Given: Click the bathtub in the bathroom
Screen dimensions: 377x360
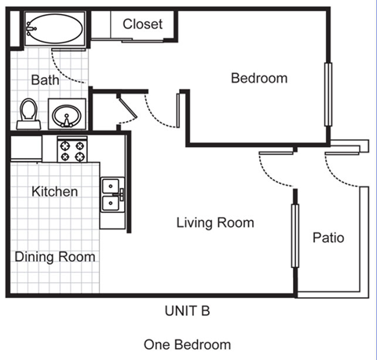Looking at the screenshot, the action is click(55, 28).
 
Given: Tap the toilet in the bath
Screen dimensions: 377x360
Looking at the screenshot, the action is click(29, 114).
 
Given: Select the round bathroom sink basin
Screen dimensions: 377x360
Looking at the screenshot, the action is click(67, 116).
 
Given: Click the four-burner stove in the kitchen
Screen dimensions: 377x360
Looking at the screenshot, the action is click(72, 149).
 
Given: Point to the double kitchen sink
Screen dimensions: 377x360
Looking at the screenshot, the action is click(112, 194).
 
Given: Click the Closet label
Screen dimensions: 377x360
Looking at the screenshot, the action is click(143, 24).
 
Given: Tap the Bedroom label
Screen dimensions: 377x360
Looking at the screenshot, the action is click(259, 78).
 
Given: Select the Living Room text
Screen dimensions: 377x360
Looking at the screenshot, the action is click(215, 222).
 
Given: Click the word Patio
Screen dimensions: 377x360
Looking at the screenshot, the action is click(328, 237).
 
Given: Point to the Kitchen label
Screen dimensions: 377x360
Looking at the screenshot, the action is click(55, 192).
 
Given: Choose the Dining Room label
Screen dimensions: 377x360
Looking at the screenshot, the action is click(55, 257).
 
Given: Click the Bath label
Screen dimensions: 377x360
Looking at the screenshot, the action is click(45, 79).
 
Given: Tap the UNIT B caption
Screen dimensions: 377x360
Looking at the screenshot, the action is click(188, 311).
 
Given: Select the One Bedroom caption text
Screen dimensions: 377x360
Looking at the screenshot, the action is click(188, 344).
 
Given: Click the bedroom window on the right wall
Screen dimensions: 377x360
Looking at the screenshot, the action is click(328, 94).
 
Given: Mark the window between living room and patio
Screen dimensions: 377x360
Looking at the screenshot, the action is click(295, 236).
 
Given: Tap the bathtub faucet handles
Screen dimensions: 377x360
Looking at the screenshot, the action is click(31, 29).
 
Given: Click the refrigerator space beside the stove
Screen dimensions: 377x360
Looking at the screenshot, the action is click(26, 149).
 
